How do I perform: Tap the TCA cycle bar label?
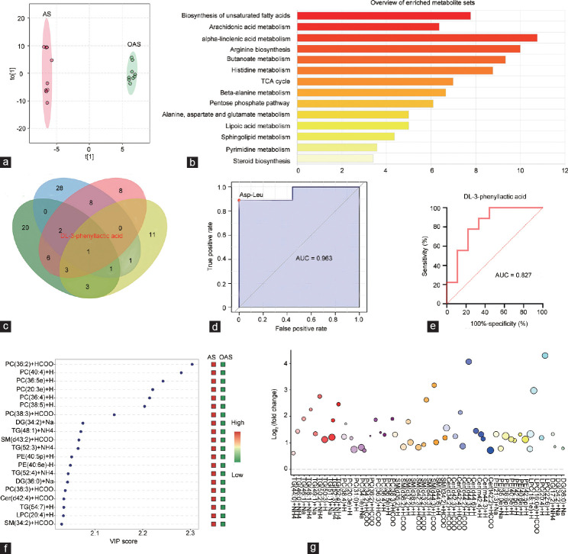(x=270, y=81)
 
